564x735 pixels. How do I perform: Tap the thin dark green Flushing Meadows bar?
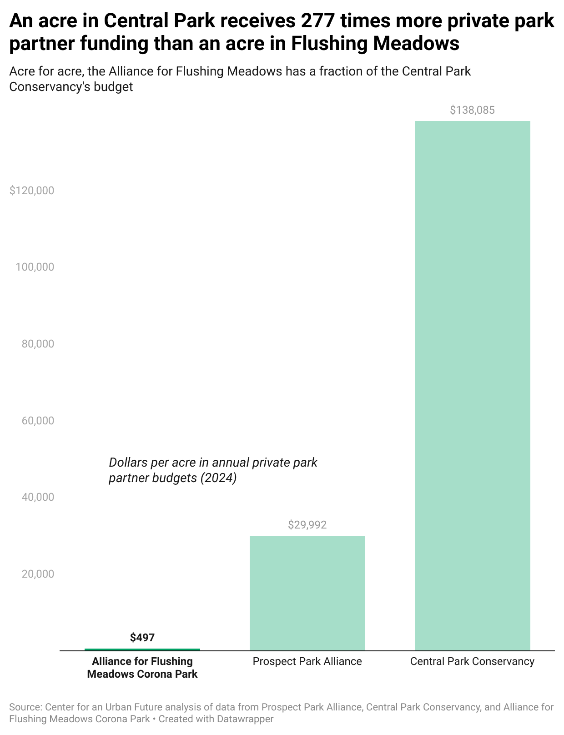click(x=142, y=649)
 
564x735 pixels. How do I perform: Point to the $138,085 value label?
click(x=472, y=110)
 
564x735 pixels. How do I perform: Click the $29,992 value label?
click(x=307, y=525)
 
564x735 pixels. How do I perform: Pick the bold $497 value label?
click(x=142, y=638)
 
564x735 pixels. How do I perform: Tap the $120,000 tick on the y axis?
click(x=32, y=191)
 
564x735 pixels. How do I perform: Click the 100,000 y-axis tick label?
click(x=35, y=267)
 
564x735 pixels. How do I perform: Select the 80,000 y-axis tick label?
click(x=38, y=344)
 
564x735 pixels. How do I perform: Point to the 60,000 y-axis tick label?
click(x=38, y=421)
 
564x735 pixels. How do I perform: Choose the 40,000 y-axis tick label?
click(x=38, y=497)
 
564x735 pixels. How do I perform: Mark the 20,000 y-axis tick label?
click(x=38, y=574)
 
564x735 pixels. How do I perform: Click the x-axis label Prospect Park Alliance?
click(x=307, y=661)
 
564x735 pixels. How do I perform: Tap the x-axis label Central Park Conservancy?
click(x=472, y=661)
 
